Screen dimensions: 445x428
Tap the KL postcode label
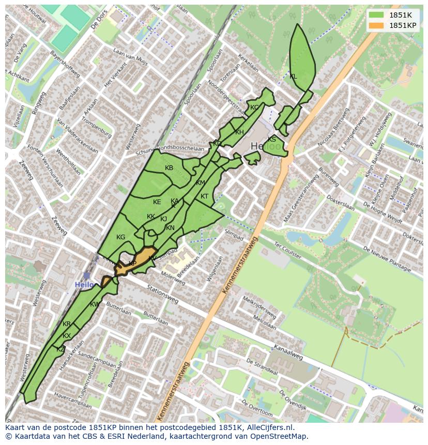tap(293, 76)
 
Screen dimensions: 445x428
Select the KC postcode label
tap(254, 108)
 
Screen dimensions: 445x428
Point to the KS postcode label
tap(272, 140)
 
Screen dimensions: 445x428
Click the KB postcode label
tap(169, 168)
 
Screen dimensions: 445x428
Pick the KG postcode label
tap(120, 237)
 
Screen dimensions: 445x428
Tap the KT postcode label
tap(204, 196)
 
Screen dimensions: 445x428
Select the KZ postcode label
tap(60, 349)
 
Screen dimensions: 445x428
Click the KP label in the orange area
tap(132, 264)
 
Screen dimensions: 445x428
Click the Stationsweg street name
tap(162, 295)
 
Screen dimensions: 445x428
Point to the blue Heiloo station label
tap(84, 285)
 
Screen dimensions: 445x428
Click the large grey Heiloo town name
tap(268, 147)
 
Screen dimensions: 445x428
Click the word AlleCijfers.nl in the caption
tap(267, 427)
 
